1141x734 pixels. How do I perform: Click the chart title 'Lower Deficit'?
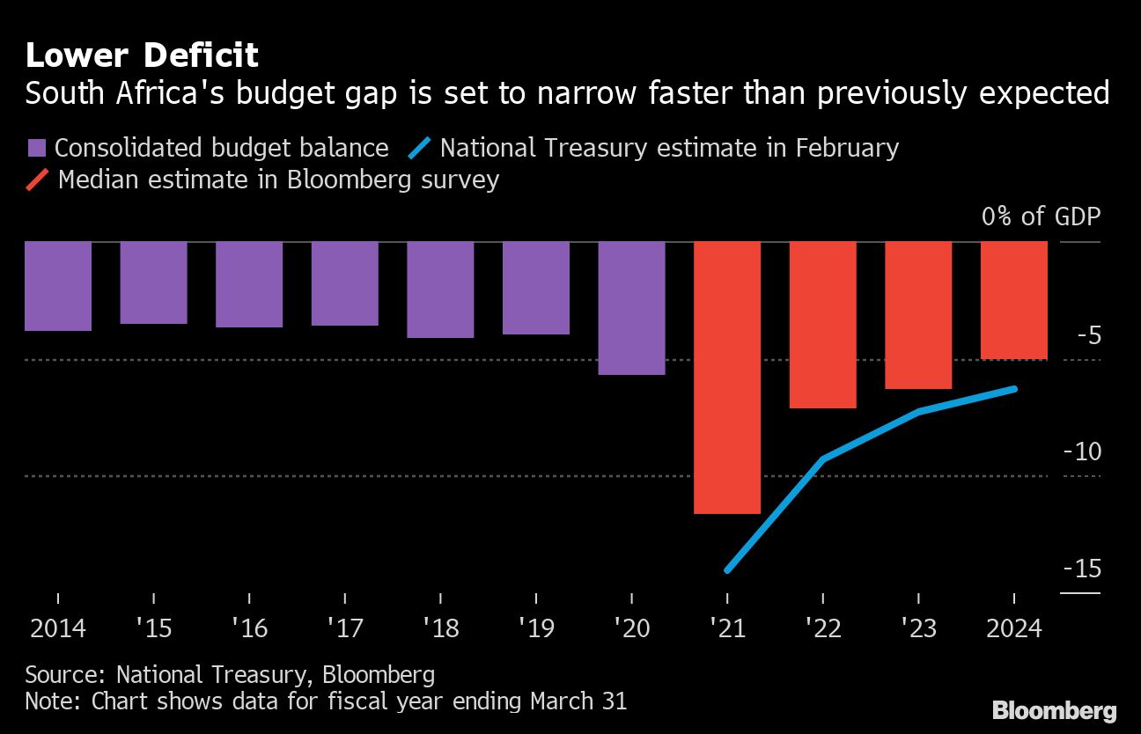141,55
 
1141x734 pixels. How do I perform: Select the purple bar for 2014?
58,286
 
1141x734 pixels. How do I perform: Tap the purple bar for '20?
631,308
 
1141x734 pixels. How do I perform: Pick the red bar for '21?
727,377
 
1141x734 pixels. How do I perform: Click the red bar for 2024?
1014,300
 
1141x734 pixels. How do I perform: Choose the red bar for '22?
822,324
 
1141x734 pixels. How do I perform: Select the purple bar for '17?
344,283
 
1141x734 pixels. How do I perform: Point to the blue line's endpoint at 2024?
1015,389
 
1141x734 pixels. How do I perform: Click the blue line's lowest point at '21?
727,570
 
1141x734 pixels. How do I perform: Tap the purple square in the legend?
37,148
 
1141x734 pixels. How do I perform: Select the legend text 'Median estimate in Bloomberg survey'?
278,180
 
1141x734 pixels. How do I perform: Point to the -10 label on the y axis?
1081,451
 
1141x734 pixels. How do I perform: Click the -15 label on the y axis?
1081,569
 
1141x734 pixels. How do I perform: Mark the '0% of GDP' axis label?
1041,217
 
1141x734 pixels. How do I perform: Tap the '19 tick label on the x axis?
536,628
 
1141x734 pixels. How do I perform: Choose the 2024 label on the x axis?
1014,628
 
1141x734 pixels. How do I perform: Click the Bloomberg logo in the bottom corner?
1054,710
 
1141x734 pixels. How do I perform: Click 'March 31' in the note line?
578,701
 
